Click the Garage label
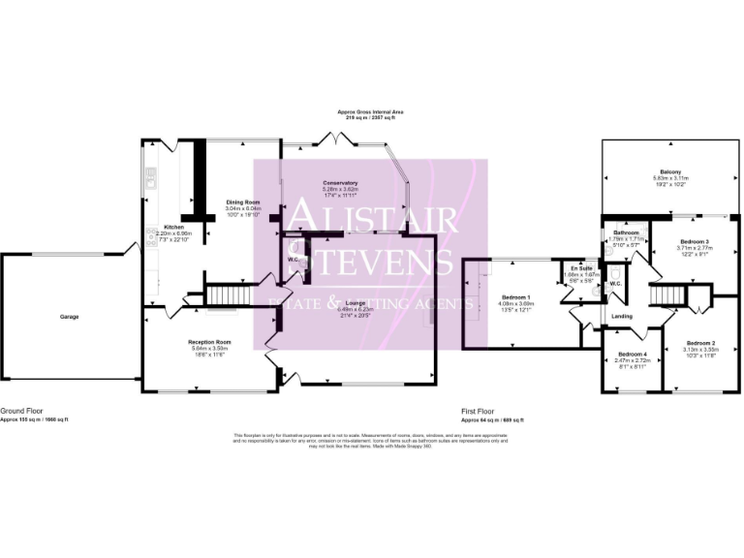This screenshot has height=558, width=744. click(x=69, y=317)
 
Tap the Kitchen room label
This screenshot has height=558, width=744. click(x=161, y=227)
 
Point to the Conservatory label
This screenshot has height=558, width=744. click(x=340, y=182)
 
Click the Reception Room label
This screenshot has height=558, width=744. click(x=209, y=342)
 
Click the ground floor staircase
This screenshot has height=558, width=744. click(x=229, y=293)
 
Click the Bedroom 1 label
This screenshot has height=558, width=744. click(x=515, y=296)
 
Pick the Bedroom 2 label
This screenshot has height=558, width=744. click(x=700, y=343)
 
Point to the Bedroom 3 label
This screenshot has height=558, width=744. click(x=694, y=241)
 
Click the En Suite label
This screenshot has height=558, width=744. click(x=581, y=267)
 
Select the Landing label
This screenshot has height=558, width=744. click(x=620, y=316)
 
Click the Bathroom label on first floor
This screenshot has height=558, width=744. click(x=625, y=233)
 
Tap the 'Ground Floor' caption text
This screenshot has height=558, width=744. click(x=20, y=412)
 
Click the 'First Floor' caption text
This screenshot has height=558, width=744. click(x=479, y=412)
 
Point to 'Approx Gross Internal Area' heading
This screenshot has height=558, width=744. click(x=371, y=111)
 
